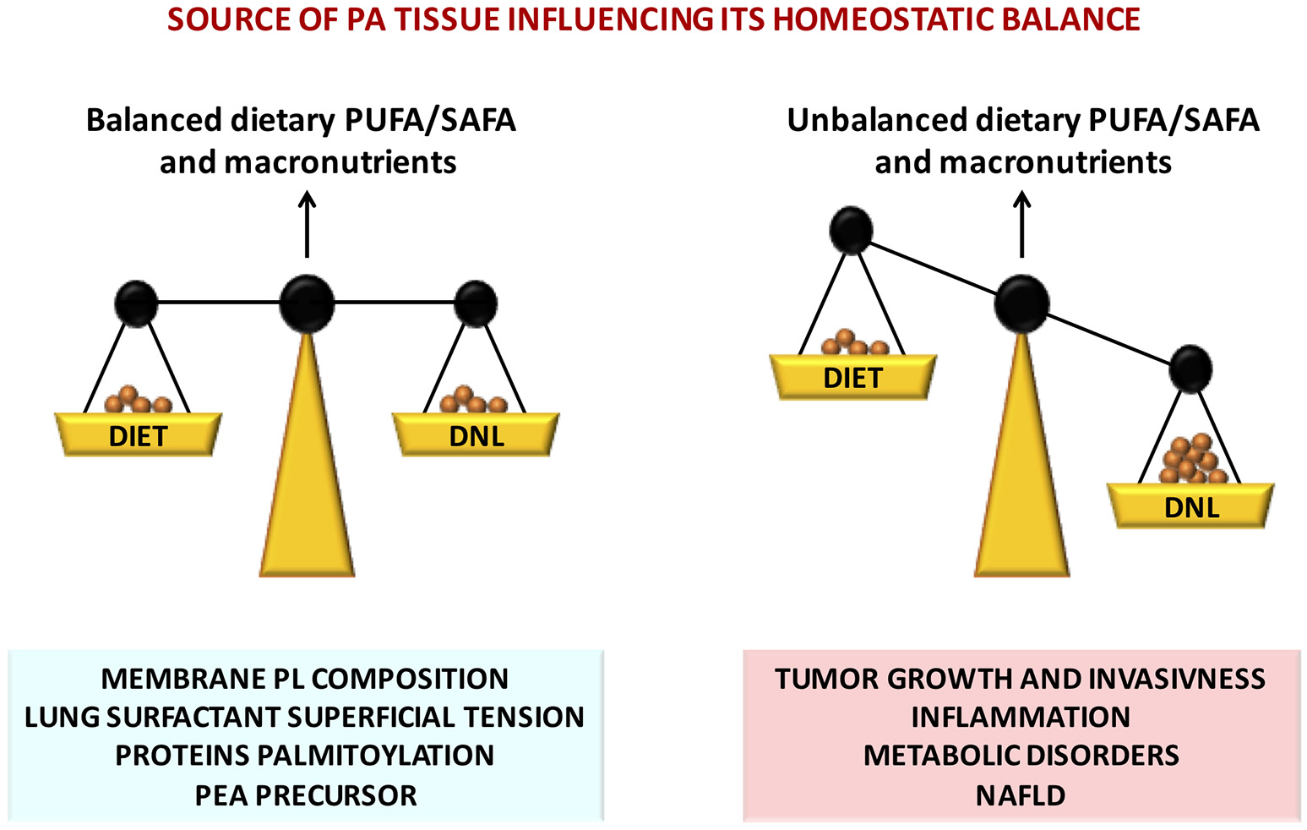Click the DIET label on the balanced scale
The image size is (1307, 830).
point(138,436)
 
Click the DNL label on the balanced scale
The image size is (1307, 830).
point(477,436)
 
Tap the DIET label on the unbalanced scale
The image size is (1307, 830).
point(852,378)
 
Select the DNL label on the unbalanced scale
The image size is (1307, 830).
point(1191,507)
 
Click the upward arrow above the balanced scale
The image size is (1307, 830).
point(307,223)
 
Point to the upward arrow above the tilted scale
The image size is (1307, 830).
point(1022,223)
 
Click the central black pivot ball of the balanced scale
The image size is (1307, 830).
point(307,303)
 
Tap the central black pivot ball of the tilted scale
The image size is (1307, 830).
point(1022,304)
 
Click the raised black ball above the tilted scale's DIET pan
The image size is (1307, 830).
point(851,230)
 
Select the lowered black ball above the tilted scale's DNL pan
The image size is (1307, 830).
point(1190,369)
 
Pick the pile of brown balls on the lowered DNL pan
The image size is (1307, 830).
point(1190,459)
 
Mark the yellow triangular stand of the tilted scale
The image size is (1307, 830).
point(1022,482)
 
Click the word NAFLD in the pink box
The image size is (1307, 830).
point(1021,795)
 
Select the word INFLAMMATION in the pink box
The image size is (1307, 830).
point(1021,717)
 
